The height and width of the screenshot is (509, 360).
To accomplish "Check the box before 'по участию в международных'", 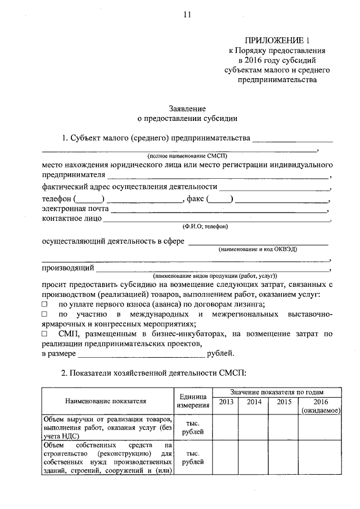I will pos(45,314).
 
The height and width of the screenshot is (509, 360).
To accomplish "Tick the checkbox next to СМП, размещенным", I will pos(45,334).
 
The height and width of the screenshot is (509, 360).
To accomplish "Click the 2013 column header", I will pos(226,403).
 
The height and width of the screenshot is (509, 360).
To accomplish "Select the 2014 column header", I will pos(254,403).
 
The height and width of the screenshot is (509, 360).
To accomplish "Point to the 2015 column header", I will pos(283,403).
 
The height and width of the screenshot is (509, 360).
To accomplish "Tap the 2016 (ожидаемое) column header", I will pos(319,407).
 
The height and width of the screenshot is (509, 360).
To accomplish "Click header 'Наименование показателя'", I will pos(106,401).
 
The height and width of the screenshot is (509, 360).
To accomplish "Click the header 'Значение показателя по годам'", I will pos(276,392).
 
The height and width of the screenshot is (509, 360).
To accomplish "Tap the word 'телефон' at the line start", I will pos(56,200).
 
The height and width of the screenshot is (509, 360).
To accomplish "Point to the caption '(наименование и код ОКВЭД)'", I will pos(258,248).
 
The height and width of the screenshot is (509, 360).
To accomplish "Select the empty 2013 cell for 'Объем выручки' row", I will pos(226,427).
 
